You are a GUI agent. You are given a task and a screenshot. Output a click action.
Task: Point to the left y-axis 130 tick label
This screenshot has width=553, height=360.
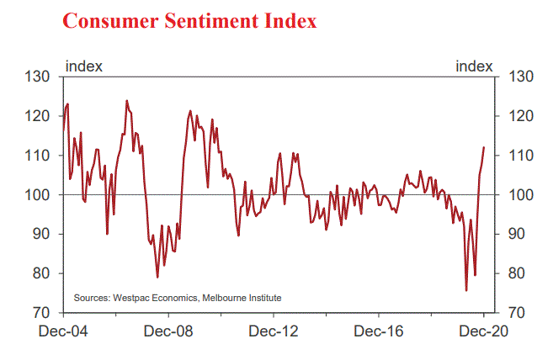click(x=40, y=77)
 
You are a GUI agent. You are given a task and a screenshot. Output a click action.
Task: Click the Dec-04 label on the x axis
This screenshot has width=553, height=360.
click(x=63, y=331)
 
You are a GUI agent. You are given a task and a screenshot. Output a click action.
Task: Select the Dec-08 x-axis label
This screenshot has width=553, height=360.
click(x=170, y=331)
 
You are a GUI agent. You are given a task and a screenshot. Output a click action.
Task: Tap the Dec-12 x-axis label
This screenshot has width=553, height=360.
click(x=275, y=331)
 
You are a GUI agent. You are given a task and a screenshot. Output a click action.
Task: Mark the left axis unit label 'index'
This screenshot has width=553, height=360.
click(x=84, y=66)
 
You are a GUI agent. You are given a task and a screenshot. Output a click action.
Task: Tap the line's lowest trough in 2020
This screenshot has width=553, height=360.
click(x=466, y=290)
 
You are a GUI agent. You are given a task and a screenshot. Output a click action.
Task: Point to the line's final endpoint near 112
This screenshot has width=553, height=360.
click(x=484, y=147)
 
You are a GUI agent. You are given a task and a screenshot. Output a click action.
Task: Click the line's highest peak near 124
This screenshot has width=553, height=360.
click(x=126, y=101)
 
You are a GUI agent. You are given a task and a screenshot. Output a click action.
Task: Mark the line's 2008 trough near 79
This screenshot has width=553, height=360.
click(x=157, y=277)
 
